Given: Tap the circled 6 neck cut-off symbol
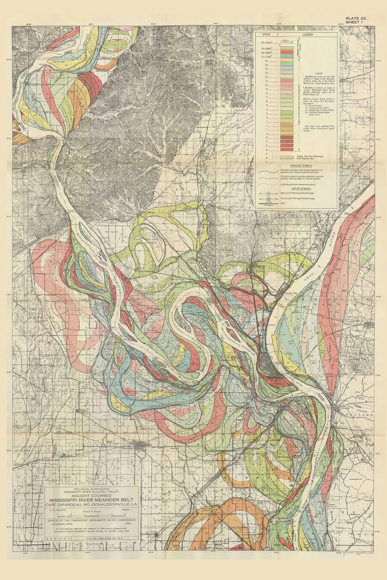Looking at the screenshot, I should pos(269,193).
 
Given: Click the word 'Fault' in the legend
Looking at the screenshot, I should pos(282,203).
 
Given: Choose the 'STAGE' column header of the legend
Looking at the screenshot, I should pos(266,34).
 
